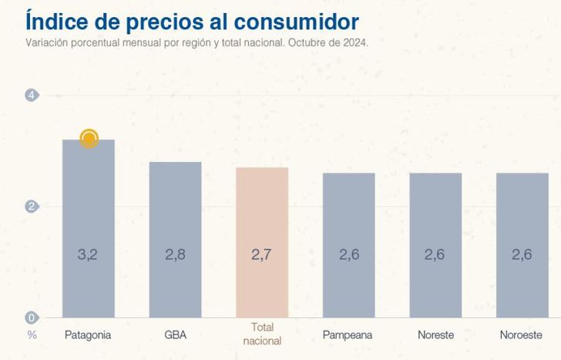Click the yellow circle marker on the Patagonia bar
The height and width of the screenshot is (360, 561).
point(89,139)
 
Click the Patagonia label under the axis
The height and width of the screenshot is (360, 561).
point(88,335)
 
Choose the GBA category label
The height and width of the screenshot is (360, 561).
point(175,335)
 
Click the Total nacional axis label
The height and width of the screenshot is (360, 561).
point(262,334)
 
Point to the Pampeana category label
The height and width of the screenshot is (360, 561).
point(348,335)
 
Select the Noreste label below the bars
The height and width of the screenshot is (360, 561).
point(435,335)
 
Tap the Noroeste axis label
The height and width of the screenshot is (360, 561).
point(522,335)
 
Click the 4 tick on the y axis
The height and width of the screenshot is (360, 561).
point(32,96)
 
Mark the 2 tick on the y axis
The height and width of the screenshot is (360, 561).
point(32,207)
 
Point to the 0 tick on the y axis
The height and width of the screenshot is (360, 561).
point(32,318)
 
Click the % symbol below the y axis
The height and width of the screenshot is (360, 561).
point(32,335)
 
